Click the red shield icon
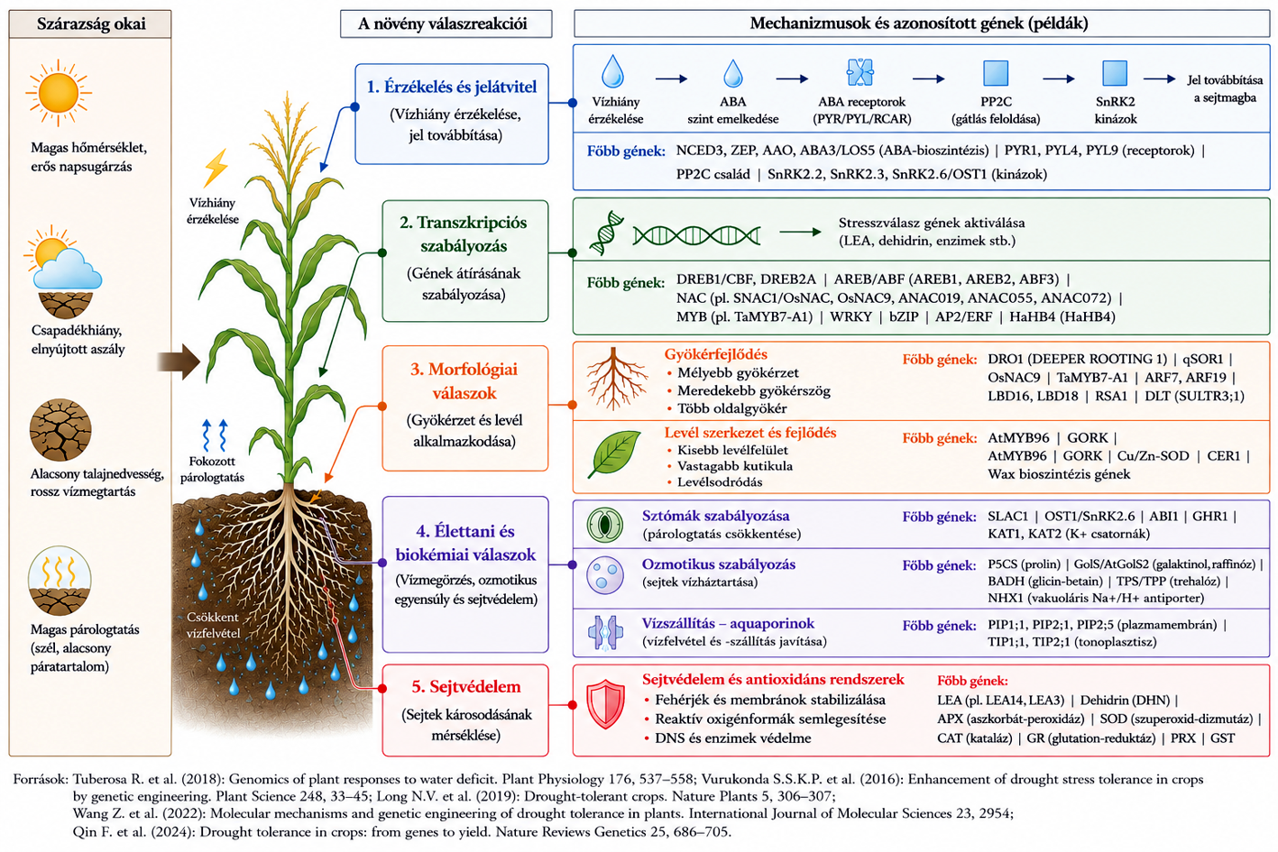(x=605, y=704)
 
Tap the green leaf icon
(x=614, y=453)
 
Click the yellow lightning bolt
(x=216, y=168)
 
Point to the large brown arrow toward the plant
(x=179, y=362)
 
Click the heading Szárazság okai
(x=91, y=24)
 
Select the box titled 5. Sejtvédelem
(x=465, y=710)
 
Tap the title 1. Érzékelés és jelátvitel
(x=452, y=87)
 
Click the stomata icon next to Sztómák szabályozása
(x=605, y=524)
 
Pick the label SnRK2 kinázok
(x=1116, y=110)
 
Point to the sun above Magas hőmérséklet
(x=59, y=93)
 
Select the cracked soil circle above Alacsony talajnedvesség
(x=60, y=429)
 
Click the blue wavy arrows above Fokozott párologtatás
(x=215, y=435)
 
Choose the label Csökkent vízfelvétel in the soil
(x=213, y=625)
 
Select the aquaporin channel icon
(x=605, y=632)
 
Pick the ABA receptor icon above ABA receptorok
(x=860, y=72)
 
